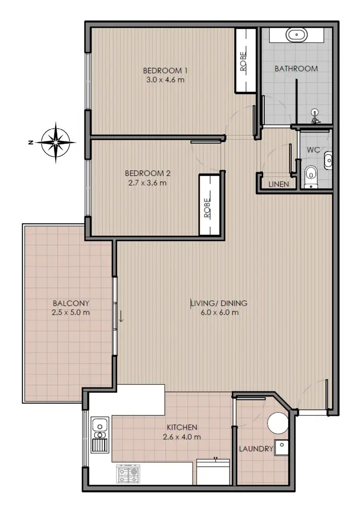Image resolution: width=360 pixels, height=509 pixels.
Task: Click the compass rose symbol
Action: point(57,142)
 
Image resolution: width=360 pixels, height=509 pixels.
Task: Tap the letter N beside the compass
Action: point(30,142)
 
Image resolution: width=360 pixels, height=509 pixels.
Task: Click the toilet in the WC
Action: point(312,176)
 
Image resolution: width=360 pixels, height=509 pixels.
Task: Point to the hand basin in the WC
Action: point(328,160)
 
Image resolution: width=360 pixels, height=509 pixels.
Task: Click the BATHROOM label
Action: point(296,69)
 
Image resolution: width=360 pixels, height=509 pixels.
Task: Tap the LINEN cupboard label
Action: point(279,184)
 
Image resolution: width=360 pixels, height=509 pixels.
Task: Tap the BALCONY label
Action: point(71,303)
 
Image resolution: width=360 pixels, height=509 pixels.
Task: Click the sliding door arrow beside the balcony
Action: point(121,317)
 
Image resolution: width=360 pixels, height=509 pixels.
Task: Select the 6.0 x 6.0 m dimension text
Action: point(218,313)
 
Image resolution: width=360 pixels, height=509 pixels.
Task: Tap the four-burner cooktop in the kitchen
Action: point(128,474)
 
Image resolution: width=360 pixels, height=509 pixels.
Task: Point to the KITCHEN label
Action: point(182,427)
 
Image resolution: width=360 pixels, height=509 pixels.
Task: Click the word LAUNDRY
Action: point(256,450)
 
